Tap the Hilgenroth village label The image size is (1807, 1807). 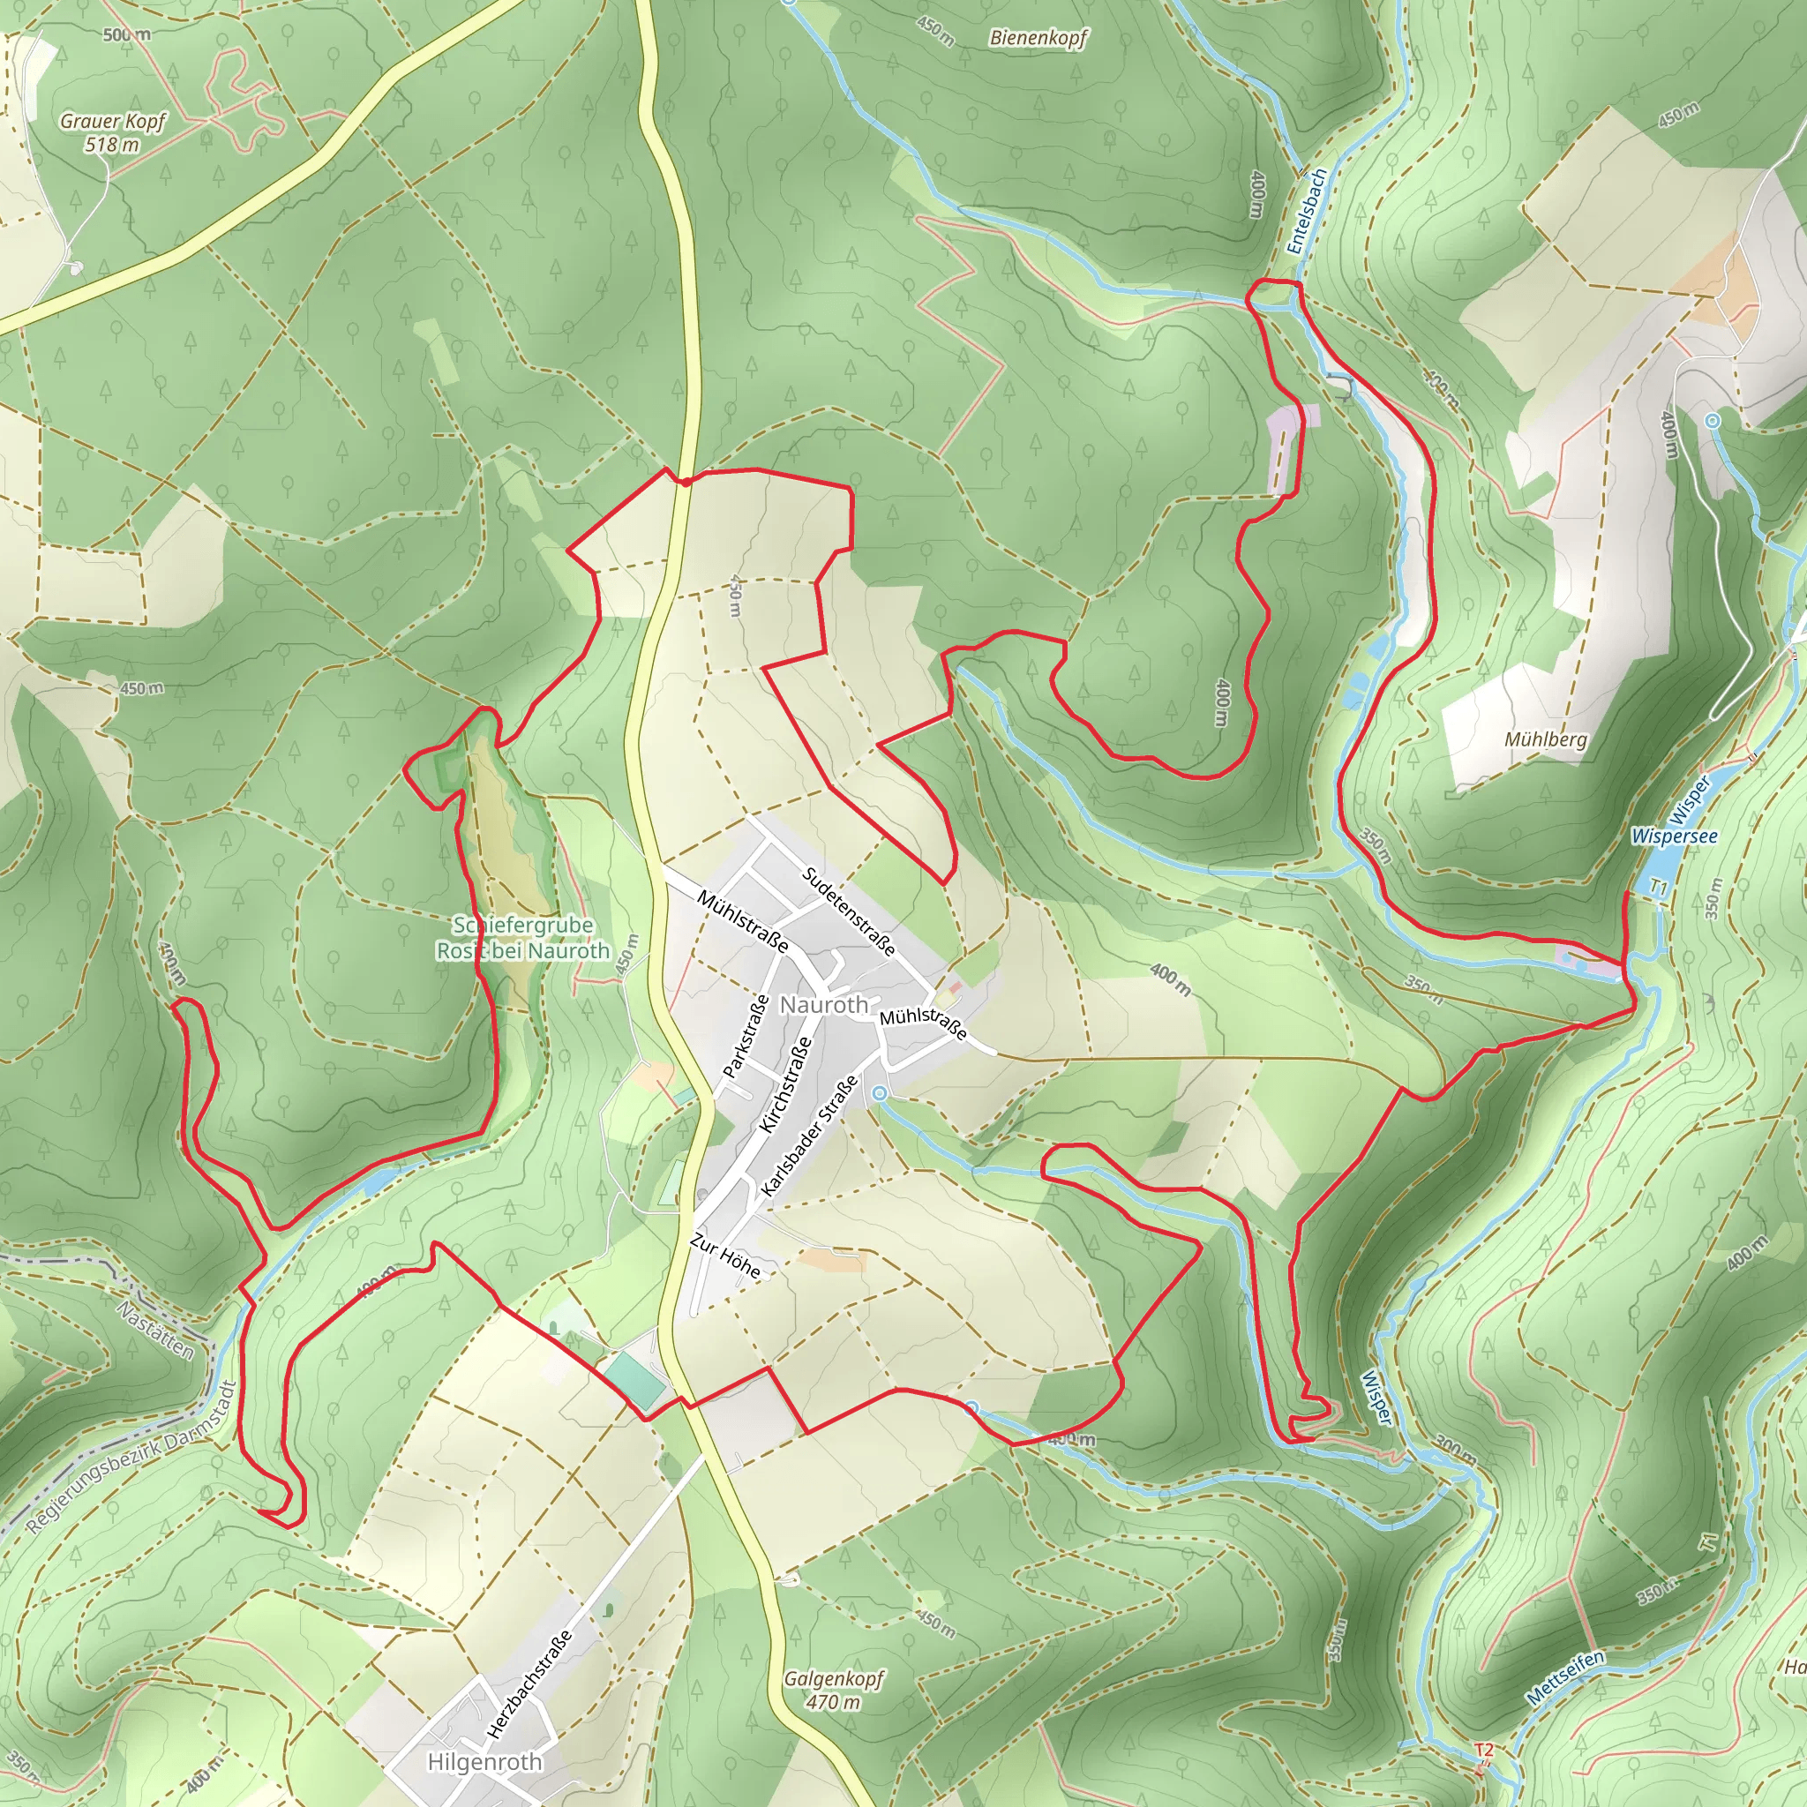(x=484, y=1761)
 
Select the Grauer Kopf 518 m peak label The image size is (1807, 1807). (x=112, y=131)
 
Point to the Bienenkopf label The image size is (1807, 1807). (x=1038, y=38)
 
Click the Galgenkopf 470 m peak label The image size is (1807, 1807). (x=832, y=1689)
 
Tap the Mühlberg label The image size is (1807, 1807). (x=1545, y=739)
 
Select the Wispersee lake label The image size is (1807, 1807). (x=1674, y=836)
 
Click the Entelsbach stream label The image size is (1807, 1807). (x=1307, y=212)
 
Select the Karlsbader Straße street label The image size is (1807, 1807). (x=809, y=1136)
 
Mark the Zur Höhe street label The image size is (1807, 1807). (x=725, y=1256)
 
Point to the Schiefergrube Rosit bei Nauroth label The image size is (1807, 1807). (x=523, y=937)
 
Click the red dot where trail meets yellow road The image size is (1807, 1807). (x=686, y=482)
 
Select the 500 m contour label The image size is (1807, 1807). (x=127, y=34)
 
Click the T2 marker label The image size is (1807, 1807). (x=1483, y=1749)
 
